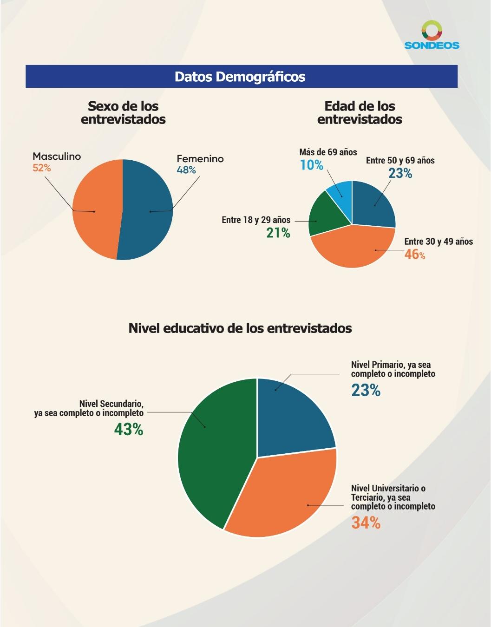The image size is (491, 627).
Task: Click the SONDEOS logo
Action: [432, 35]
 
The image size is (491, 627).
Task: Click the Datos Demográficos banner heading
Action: [240, 77]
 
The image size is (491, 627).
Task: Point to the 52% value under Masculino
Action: [42, 168]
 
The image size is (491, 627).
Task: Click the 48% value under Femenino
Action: [186, 170]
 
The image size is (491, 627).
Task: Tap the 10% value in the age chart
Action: [311, 165]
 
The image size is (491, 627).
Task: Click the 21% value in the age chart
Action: [278, 233]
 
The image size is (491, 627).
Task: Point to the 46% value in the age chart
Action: [414, 254]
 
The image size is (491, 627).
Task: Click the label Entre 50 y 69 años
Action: [400, 161]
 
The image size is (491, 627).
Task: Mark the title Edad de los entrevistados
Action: [360, 113]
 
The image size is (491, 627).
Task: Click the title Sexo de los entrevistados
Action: [123, 113]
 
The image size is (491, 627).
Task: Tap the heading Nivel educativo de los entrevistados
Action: [240, 328]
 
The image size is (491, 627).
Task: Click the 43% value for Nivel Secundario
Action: [129, 429]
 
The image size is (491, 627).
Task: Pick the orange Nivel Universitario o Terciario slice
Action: [283, 497]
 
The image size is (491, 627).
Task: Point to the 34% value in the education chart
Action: [366, 523]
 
